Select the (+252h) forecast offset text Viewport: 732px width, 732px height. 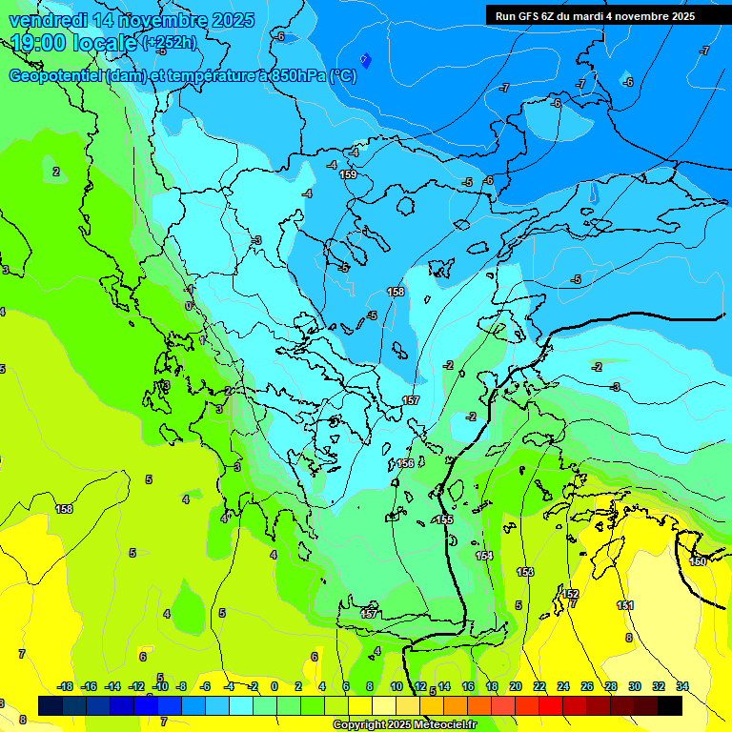[170, 42]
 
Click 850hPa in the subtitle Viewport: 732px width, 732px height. [290, 76]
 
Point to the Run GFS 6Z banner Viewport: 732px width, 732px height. [595, 16]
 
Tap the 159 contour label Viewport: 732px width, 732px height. [349, 174]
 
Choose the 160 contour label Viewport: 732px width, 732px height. [698, 561]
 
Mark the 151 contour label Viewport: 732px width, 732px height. [625, 605]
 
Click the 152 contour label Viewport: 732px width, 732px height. [570, 594]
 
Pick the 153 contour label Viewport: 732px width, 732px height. [525, 572]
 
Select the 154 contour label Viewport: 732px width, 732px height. [485, 556]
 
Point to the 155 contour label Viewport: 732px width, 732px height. [445, 519]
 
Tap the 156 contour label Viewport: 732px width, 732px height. [406, 463]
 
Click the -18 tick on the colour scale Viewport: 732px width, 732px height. [66, 686]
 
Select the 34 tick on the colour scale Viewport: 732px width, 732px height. [682, 686]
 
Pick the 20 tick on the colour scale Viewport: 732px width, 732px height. [516, 686]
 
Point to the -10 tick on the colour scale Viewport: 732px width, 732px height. [160, 686]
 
